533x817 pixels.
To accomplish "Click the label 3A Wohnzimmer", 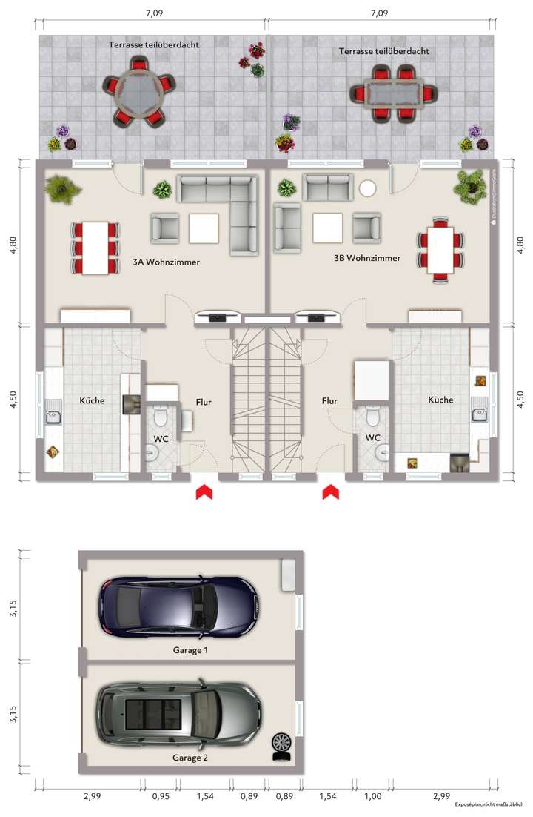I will click(x=166, y=262).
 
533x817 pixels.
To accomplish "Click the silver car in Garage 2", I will click(x=179, y=714).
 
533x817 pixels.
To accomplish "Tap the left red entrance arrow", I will click(x=203, y=492).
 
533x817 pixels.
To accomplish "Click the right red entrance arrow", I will click(x=330, y=492).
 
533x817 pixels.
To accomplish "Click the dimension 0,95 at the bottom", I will click(x=160, y=796).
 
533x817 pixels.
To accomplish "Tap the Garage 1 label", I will click(x=190, y=650).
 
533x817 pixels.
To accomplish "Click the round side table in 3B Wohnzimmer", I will click(x=368, y=188).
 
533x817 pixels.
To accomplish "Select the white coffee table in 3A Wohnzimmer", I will click(x=204, y=228).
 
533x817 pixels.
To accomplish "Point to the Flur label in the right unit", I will click(x=329, y=401).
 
